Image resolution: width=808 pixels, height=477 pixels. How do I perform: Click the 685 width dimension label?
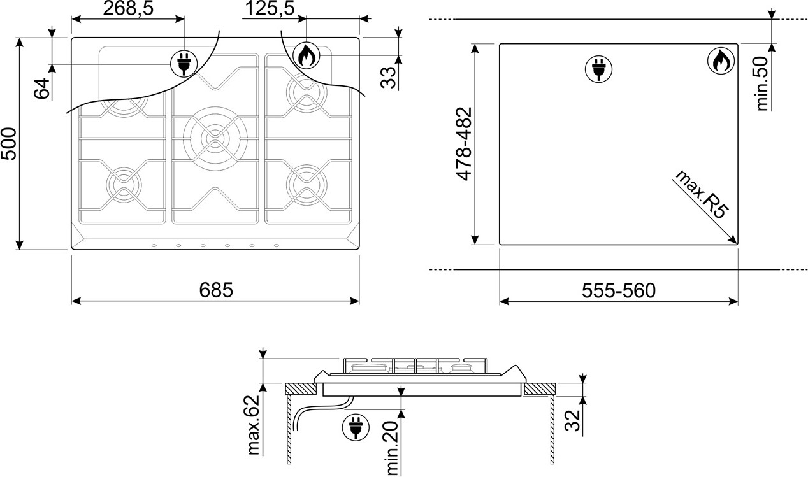pos(216,290)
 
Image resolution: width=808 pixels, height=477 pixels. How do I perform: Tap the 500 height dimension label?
pos(9,143)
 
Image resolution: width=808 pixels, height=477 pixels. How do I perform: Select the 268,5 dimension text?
pos(128,8)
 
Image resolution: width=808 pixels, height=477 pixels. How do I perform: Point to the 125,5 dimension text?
pos(270,8)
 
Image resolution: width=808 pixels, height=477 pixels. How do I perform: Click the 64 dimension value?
pos(42,89)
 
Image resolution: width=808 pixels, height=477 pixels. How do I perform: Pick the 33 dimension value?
pos(389,78)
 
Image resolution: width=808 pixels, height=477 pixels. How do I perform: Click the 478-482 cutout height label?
pos(464,143)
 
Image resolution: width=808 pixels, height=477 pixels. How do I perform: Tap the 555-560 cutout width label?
pos(618,290)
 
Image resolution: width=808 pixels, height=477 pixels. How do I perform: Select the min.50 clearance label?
pos(762,83)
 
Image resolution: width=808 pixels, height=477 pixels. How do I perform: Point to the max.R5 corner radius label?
pos(702,194)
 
